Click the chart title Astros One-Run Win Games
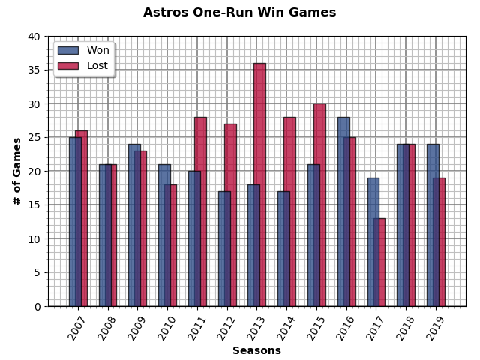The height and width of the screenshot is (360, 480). [x=239, y=13]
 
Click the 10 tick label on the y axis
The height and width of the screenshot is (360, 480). [x=34, y=238]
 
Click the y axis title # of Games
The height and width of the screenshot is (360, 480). [x=17, y=171]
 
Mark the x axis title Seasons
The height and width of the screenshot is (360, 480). [x=256, y=350]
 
